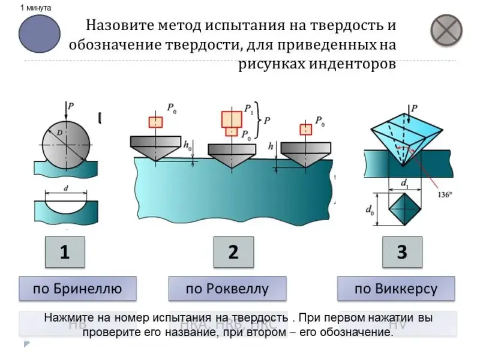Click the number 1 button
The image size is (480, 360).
64,252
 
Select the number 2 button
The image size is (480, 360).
233,252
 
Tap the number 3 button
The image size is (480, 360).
403,252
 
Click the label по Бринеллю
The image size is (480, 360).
77,289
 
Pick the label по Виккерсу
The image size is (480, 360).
396,289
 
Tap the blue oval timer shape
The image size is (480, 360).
40,34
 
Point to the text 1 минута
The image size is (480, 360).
35,8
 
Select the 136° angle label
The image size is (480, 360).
445,194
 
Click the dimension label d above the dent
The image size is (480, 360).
66,187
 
